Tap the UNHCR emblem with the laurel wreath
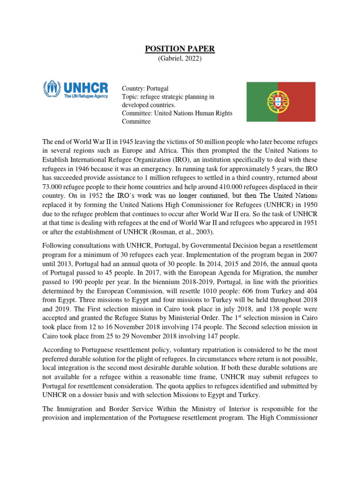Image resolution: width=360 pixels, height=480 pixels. [x=52, y=89]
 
